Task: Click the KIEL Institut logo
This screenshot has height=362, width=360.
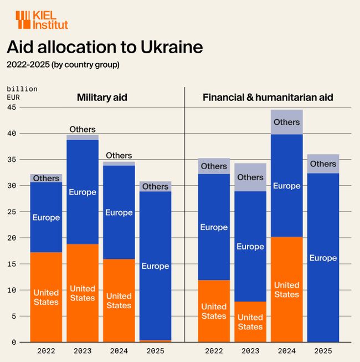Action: pyautogui.click(x=42, y=20)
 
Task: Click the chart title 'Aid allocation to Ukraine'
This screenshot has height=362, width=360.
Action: pyautogui.click(x=104, y=47)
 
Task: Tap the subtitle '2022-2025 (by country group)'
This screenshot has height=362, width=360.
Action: pyautogui.click(x=63, y=64)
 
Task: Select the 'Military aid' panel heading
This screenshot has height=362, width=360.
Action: pyautogui.click(x=102, y=98)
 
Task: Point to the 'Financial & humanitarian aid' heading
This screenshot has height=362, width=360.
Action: pyautogui.click(x=268, y=98)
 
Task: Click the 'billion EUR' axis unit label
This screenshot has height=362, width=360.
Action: pyautogui.click(x=22, y=93)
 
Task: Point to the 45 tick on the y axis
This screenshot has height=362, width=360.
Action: pyautogui.click(x=11, y=107)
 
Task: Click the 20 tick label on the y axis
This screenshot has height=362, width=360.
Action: pyautogui.click(x=11, y=238)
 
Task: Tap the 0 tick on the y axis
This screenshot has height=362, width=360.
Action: pyautogui.click(x=13, y=342)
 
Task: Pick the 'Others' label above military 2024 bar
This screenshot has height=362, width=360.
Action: pyautogui.click(x=119, y=156)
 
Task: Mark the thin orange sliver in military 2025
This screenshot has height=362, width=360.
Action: pyautogui.click(x=155, y=340)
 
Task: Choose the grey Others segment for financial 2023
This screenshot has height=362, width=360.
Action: pyautogui.click(x=250, y=177)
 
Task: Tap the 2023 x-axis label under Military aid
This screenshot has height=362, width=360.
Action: pyautogui.click(x=83, y=351)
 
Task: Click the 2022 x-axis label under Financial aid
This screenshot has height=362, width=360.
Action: pyautogui.click(x=214, y=351)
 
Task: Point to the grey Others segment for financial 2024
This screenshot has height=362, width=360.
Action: pyautogui.click(x=286, y=122)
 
